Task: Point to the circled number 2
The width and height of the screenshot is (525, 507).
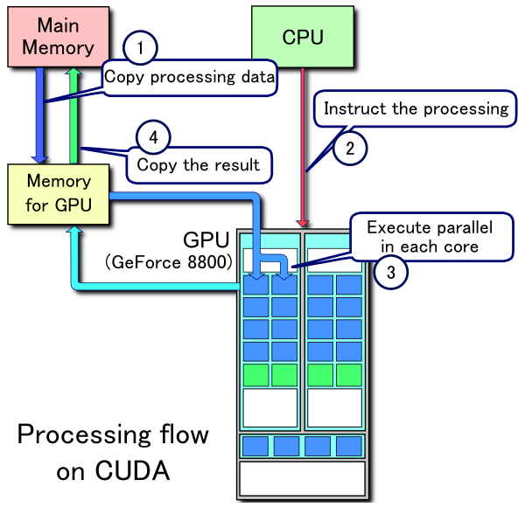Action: pyautogui.click(x=350, y=148)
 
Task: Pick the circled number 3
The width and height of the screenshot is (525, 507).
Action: pyautogui.click(x=390, y=272)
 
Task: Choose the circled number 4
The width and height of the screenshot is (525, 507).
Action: pyautogui.click(x=153, y=137)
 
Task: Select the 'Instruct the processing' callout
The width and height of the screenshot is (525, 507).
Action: pyautogui.click(x=415, y=109)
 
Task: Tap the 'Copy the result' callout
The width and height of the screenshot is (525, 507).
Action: pyautogui.click(x=199, y=163)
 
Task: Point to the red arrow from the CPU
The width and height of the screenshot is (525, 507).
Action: pyautogui.click(x=303, y=149)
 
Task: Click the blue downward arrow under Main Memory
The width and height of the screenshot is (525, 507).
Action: pyautogui.click(x=39, y=114)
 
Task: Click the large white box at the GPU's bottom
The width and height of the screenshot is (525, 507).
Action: pyautogui.click(x=302, y=478)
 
